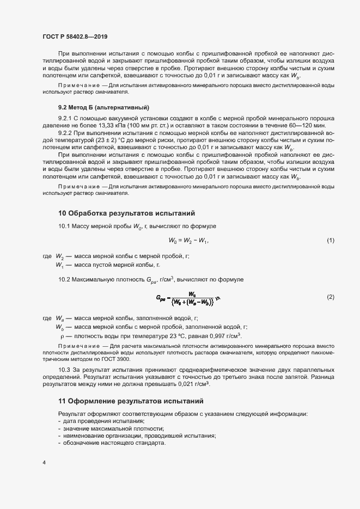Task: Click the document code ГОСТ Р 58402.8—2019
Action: (x=75, y=36)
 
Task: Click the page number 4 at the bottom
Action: (x=44, y=463)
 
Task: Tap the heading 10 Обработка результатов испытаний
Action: (x=126, y=213)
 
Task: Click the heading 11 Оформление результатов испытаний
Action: (x=131, y=401)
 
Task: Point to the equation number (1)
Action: (x=330, y=240)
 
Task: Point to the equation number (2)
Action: (x=330, y=297)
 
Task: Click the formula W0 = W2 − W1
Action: (x=189, y=241)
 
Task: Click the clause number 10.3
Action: (x=65, y=370)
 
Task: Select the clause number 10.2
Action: (x=65, y=280)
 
